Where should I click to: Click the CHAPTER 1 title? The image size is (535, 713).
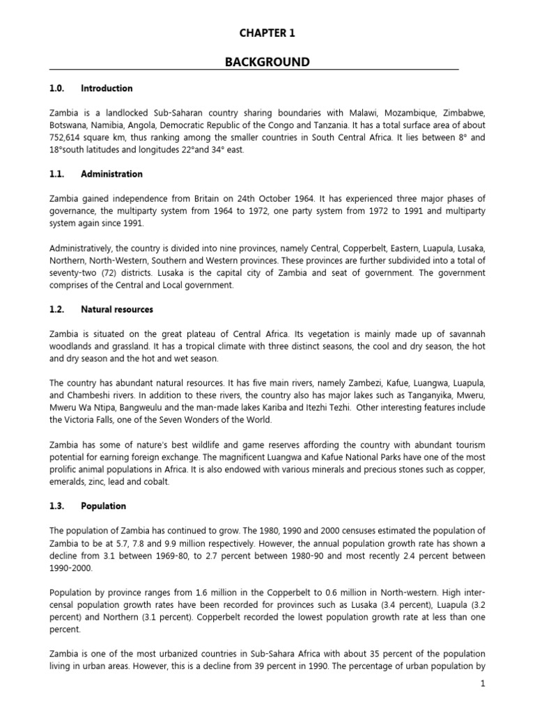tap(267, 33)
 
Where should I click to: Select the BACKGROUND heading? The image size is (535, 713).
tap(267, 63)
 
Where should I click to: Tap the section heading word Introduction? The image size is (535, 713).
tap(107, 88)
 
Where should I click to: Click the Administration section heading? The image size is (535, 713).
tap(111, 174)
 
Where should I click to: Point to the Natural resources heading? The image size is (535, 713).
tap(117, 308)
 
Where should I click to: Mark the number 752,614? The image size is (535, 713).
tap(68, 138)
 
